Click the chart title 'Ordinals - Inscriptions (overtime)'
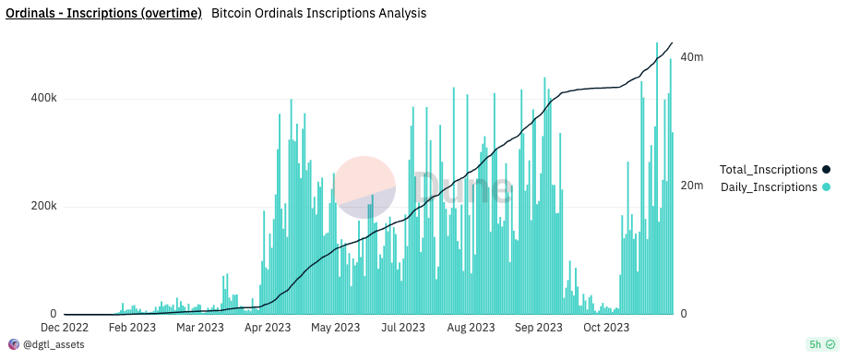coord(103,15)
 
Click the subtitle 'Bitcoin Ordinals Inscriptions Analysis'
coord(318,15)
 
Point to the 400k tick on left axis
coord(43,98)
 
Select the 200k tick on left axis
coord(43,206)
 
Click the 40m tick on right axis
coord(691,57)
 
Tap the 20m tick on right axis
coord(691,186)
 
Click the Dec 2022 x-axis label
coord(64,328)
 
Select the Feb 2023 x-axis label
coord(131,328)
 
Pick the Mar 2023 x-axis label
coord(198,328)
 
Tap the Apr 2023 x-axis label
coord(267,328)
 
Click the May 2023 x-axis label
coord(334,328)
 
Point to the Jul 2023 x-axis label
coord(402,328)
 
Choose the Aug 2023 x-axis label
coord(470,328)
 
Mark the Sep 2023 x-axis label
coord(538,328)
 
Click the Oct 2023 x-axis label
coord(605,328)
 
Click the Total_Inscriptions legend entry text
coord(768,170)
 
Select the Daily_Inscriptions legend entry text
coord(769,187)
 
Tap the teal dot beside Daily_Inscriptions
coord(827,187)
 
